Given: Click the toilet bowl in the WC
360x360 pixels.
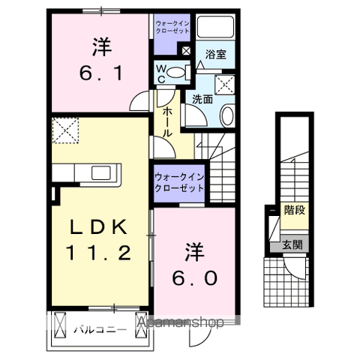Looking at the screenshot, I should (177, 72).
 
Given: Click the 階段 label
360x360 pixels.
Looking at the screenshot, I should (294, 210).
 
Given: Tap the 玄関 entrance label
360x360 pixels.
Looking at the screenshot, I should (292, 244).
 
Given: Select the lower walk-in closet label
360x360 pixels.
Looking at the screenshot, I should (180, 183).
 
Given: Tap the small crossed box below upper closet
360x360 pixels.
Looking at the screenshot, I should (185, 51).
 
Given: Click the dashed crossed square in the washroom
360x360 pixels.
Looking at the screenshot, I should (223, 83).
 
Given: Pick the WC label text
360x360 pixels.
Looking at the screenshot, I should (161, 71).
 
